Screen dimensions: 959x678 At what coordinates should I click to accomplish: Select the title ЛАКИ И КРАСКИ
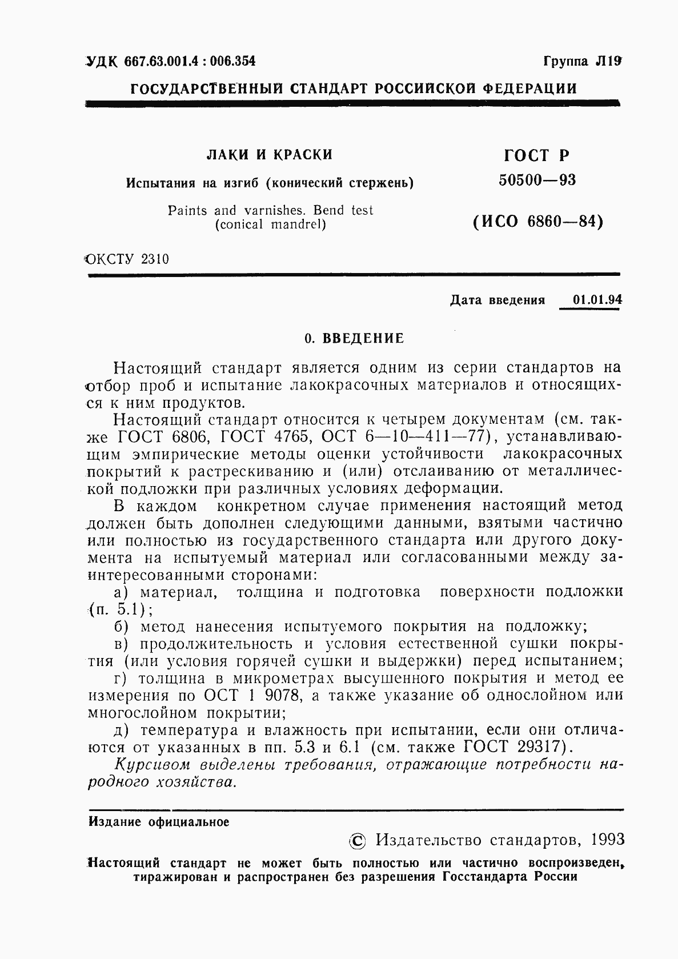269,154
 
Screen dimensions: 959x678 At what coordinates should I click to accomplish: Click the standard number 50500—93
537,180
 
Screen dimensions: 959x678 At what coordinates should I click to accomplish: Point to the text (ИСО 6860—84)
537,220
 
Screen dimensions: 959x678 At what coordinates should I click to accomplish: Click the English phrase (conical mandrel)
270,224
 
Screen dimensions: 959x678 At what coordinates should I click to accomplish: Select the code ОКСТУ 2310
127,259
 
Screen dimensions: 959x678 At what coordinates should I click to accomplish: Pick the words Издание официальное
159,822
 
